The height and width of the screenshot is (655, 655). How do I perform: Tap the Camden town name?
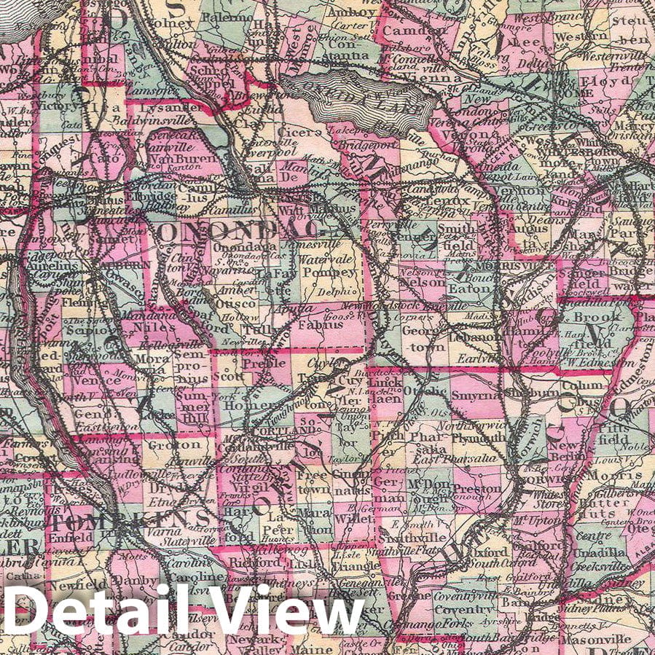(x=405, y=31)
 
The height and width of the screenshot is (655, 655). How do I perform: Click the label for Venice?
(x=101, y=379)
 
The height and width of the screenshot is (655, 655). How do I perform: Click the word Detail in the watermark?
(x=94, y=611)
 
